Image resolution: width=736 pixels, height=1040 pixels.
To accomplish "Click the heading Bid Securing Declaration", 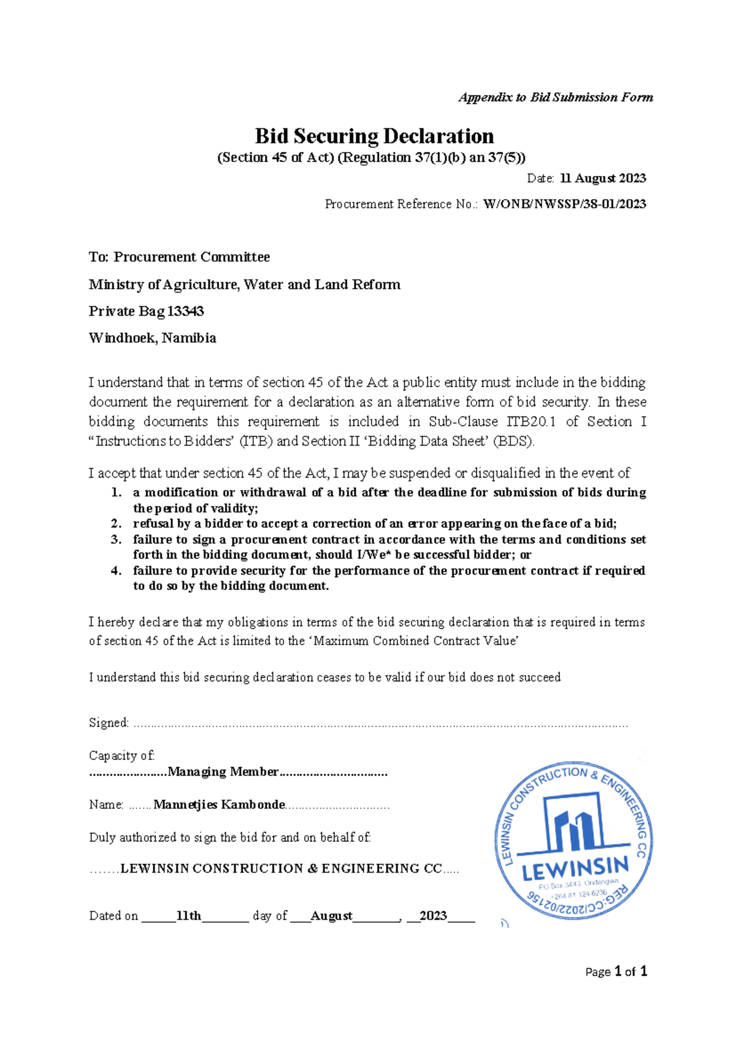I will (374, 136).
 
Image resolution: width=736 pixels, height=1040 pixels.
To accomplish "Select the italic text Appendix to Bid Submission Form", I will (556, 97).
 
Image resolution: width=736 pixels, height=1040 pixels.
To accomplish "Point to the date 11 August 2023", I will (602, 178).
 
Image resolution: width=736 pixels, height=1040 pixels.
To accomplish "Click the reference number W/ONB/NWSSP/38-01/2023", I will (564, 204).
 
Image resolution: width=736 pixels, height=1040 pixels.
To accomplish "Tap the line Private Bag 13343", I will (146, 312).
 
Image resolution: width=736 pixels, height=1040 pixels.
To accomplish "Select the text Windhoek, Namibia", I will (152, 338).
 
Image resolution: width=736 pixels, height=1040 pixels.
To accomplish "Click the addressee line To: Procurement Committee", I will (179, 258).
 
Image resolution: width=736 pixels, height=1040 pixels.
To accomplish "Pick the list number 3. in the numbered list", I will (117, 540).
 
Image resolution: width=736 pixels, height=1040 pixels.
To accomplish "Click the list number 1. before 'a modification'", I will (117, 492).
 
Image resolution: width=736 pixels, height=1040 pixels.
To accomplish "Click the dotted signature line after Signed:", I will (380, 724).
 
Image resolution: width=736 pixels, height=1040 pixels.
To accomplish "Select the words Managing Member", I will (223, 772).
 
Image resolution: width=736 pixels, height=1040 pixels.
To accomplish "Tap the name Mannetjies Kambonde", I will (219, 805).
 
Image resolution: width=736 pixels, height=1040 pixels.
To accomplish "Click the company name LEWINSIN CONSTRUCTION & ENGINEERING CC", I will (281, 869).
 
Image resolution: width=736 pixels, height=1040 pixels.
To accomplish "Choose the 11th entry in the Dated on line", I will (188, 916).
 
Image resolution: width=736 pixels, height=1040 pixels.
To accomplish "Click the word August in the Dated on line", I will (331, 916).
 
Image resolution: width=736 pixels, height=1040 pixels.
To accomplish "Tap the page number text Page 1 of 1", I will (616, 972).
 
